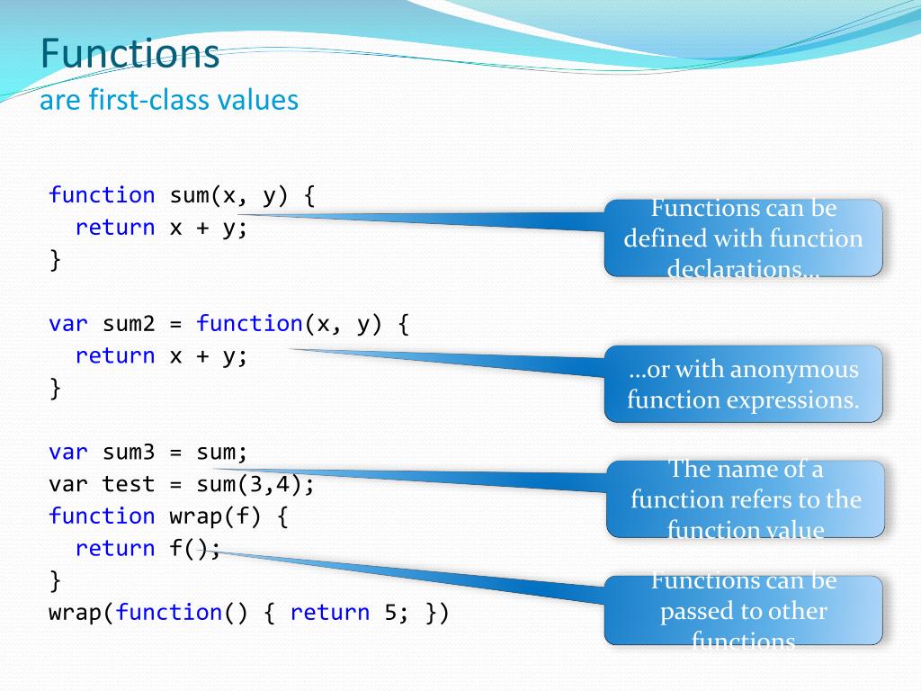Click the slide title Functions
coord(130,54)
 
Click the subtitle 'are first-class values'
coord(169,99)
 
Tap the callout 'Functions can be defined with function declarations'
coord(743,238)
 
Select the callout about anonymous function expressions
coord(743,384)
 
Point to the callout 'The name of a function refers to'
coord(745,499)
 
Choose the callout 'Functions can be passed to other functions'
coord(743,611)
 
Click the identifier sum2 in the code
coord(129,324)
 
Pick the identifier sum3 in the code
coord(129,452)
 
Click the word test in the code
coord(129,484)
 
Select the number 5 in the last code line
coord(389,613)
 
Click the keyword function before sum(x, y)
coord(102,195)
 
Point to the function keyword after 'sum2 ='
coord(249,324)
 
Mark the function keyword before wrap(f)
coord(102,516)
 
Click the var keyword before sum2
coord(68,324)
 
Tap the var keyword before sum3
coord(68,452)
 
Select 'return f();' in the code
coord(148,548)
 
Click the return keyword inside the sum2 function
coord(115,356)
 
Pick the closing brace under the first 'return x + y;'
coord(56,260)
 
